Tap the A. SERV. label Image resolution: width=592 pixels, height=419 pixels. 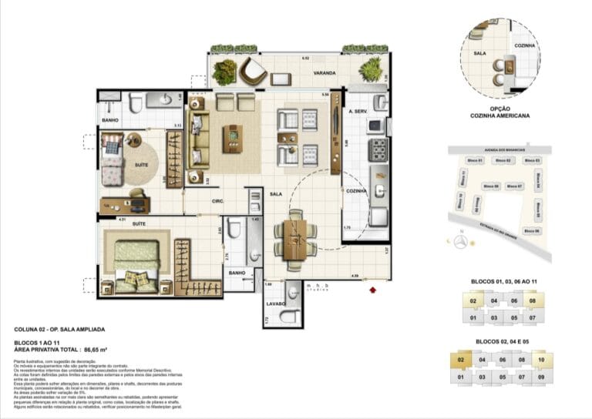[357, 113]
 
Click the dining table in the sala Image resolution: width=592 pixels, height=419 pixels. [294, 239]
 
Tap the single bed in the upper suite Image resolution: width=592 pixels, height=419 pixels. [113, 158]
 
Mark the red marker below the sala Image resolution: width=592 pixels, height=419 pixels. [372, 290]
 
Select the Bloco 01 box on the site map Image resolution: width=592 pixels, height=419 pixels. [475, 160]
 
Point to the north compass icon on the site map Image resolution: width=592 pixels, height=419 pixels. [460, 242]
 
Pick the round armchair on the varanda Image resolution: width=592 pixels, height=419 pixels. [251, 71]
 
